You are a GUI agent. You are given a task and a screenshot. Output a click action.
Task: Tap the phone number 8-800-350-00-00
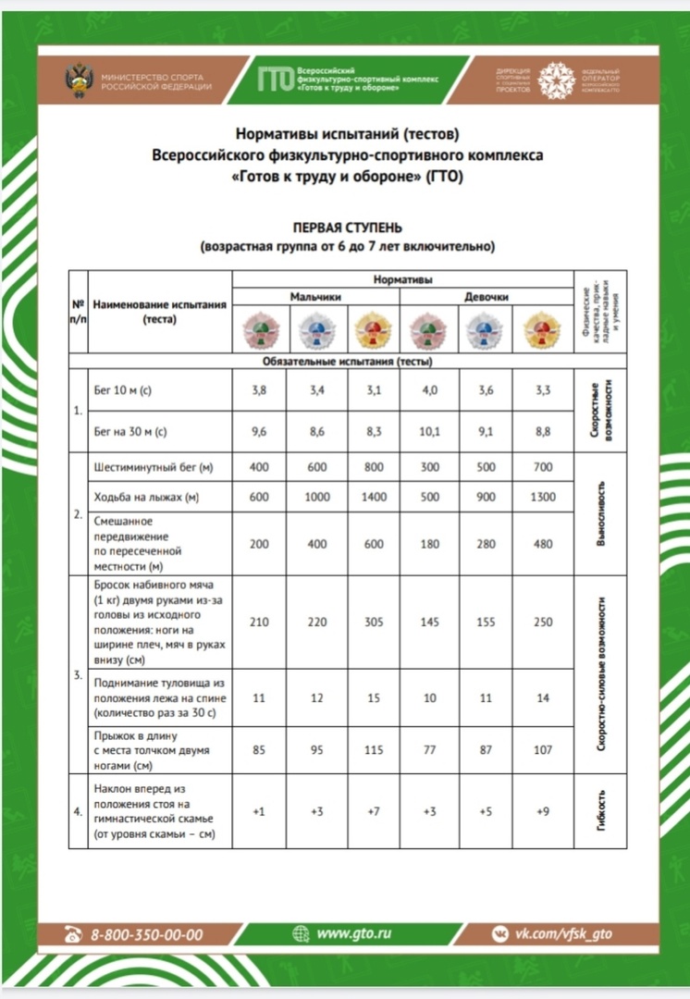pos(146,935)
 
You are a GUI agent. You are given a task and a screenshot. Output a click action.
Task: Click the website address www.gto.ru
pos(353,933)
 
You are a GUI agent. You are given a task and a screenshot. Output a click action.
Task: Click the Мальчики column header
pos(315,297)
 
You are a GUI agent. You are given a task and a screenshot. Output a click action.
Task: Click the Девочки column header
pos(486,297)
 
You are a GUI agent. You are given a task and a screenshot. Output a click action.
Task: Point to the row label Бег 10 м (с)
pos(123,390)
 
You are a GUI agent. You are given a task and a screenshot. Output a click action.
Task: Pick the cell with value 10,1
pos(429,431)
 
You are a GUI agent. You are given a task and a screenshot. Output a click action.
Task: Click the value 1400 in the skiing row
pos(373,497)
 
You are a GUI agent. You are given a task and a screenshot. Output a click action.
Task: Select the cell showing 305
pos(373,622)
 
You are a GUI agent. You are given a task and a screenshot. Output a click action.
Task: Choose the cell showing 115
pos(373,750)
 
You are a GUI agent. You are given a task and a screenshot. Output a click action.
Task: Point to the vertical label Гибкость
pos(601,811)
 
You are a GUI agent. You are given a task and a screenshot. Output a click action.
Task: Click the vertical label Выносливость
pos(601,513)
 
